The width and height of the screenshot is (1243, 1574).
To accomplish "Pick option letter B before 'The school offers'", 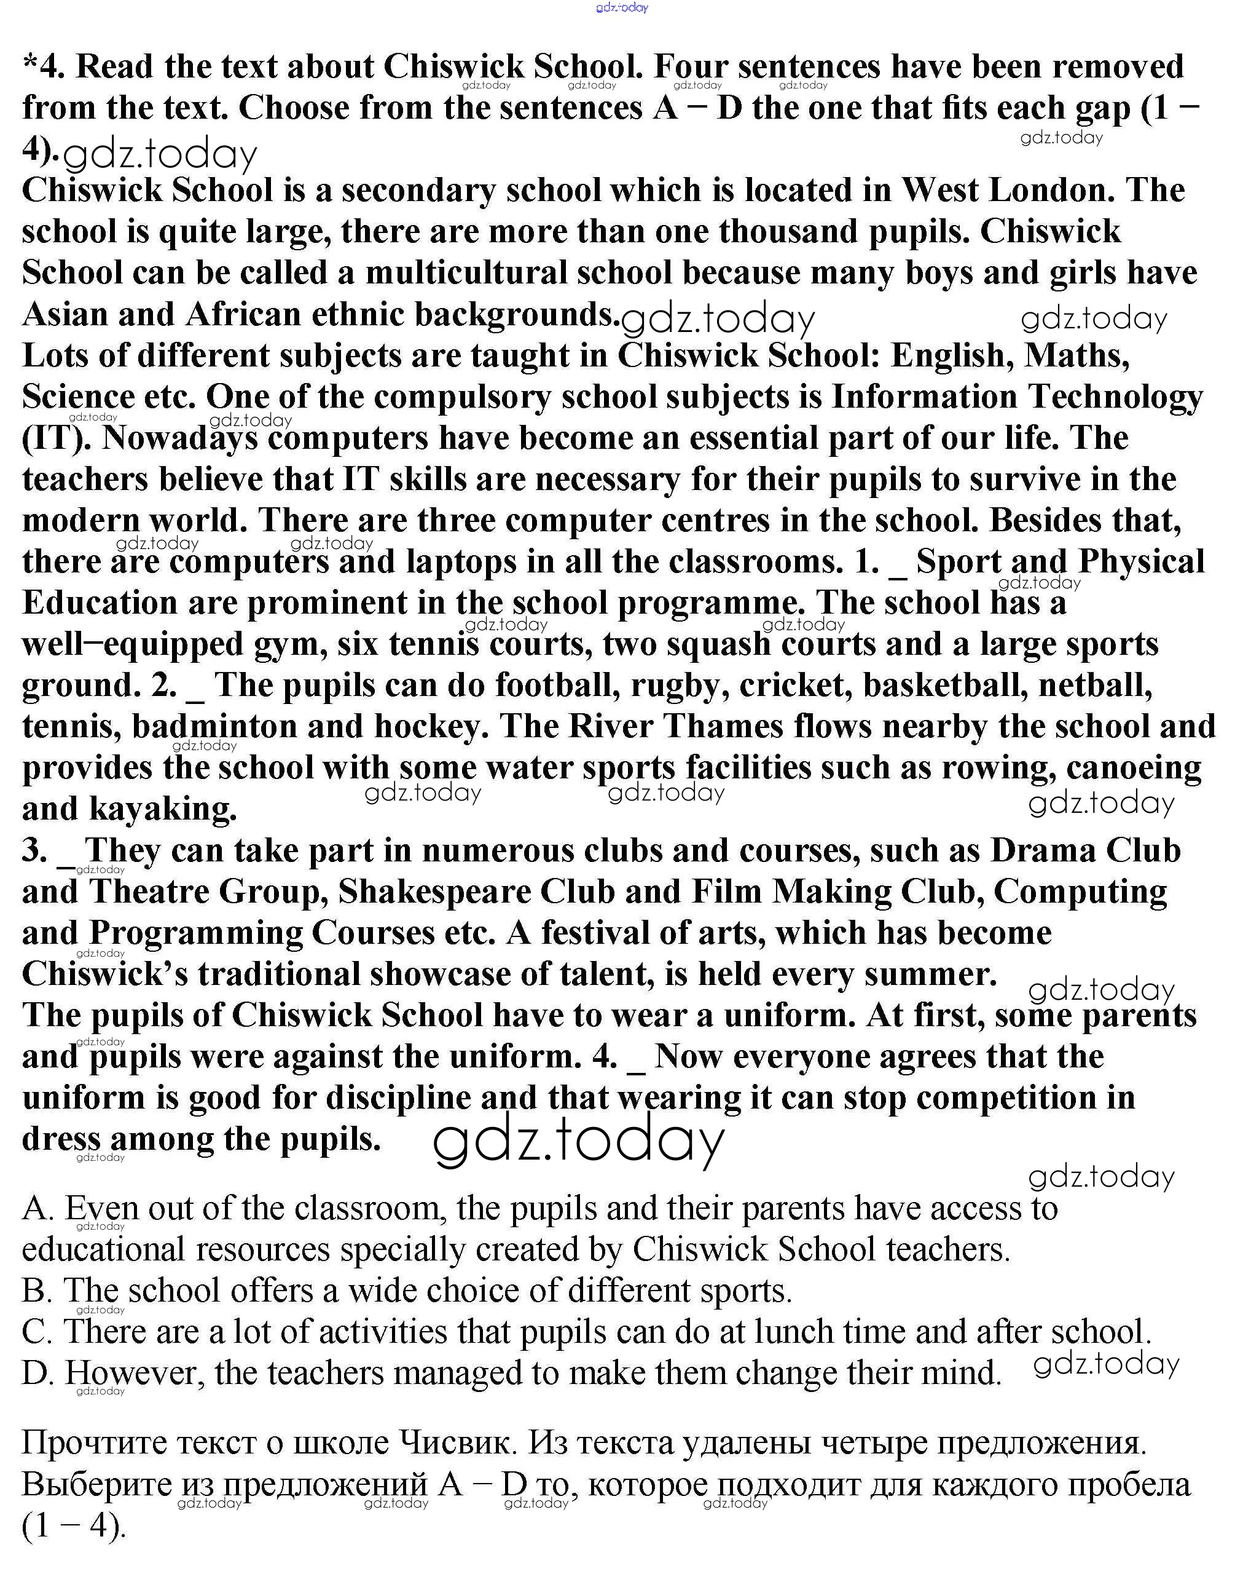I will point(36,1291).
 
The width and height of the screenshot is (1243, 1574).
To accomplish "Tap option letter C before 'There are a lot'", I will point(36,1332).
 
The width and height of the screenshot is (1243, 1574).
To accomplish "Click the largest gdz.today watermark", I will point(579,1142).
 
